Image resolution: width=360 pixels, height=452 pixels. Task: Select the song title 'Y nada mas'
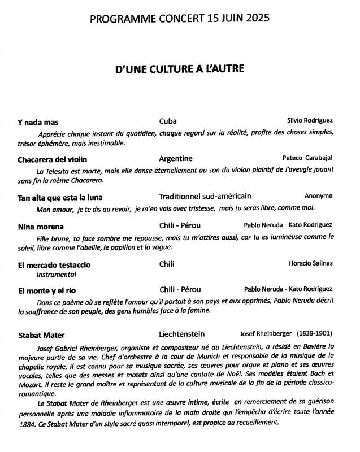click(x=38, y=122)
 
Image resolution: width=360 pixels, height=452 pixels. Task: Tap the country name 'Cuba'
click(x=168, y=121)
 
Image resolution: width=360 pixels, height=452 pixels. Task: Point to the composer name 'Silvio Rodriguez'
click(x=310, y=121)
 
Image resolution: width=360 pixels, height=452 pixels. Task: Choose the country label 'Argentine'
click(x=176, y=159)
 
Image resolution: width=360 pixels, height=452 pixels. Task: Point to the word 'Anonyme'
click(x=319, y=196)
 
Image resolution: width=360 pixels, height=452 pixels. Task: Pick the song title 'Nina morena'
click(x=41, y=227)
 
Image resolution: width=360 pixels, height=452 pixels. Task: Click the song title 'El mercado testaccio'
click(x=54, y=264)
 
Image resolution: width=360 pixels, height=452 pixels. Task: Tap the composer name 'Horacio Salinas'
click(x=310, y=263)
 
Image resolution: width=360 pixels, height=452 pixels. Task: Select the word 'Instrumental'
click(x=57, y=275)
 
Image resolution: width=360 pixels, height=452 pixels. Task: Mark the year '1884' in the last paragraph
click(x=28, y=424)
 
